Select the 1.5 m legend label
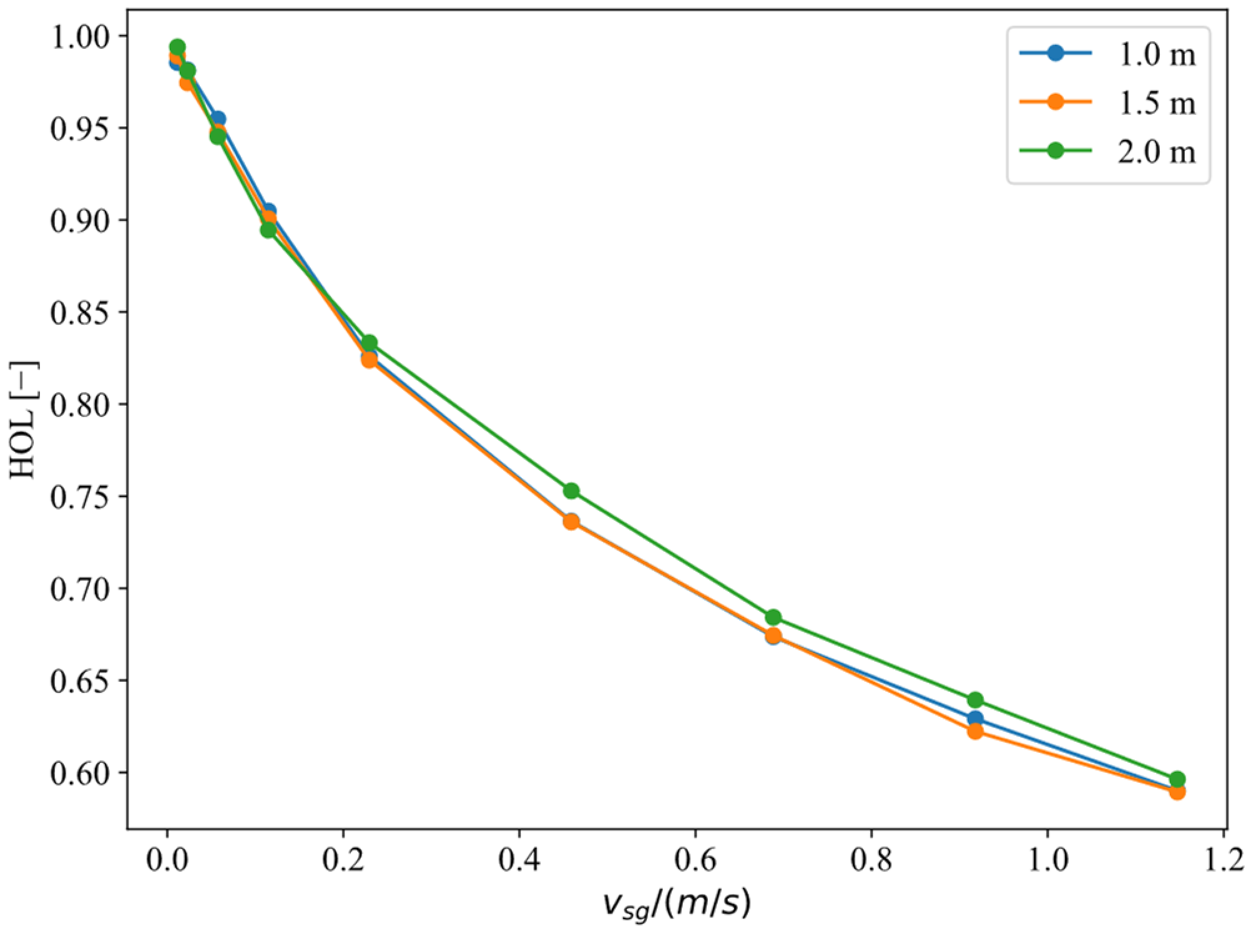(1156, 103)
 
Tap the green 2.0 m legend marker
(1054, 150)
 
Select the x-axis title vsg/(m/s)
(675, 905)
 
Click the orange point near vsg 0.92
(975, 731)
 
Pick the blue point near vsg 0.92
(975, 719)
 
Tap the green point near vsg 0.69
(773, 617)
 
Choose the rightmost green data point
(1177, 779)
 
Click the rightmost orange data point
(1177, 792)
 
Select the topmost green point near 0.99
(177, 47)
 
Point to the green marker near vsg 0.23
(370, 343)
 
